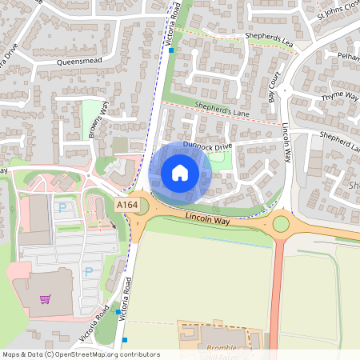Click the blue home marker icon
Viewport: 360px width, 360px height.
(180, 173)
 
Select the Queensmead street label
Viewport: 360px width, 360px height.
(82, 61)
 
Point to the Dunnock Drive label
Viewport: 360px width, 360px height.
(207, 146)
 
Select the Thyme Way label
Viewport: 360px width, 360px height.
(339, 97)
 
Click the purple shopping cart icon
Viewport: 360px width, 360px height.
(46, 299)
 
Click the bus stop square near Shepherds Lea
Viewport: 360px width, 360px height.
(171, 50)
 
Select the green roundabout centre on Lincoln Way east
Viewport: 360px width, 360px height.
(281, 223)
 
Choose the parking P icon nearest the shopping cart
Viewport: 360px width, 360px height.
(88, 272)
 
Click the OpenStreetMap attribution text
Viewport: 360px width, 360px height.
(81, 354)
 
